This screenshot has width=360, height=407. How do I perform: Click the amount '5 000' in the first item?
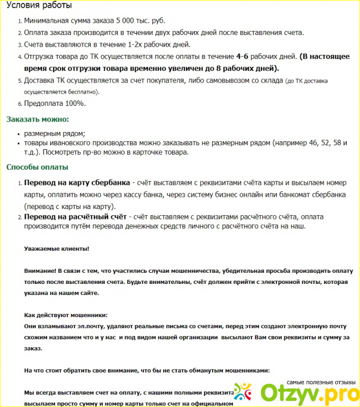point(125,21)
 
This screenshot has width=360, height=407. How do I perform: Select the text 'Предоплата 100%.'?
point(55,103)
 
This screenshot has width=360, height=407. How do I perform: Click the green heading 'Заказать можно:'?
point(37,119)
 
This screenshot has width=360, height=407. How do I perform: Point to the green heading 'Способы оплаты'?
point(37,167)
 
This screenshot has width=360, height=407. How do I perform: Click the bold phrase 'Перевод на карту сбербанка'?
point(77,183)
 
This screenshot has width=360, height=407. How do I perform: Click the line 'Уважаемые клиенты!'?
point(56,250)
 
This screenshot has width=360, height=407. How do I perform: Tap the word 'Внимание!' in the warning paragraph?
point(40,271)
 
